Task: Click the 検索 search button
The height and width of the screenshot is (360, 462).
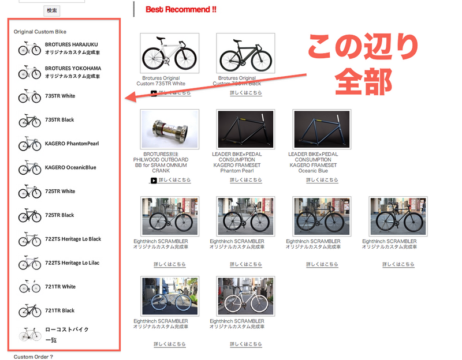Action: [x=52, y=10]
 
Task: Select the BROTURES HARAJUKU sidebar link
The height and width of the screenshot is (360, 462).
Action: [x=72, y=44]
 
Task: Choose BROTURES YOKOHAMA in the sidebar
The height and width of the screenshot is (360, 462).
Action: [x=73, y=68]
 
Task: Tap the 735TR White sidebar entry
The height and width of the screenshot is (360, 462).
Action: [x=60, y=96]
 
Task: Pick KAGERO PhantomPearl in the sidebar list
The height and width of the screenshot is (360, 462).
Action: [x=72, y=144]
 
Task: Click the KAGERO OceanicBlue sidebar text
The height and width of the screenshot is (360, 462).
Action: [x=70, y=167]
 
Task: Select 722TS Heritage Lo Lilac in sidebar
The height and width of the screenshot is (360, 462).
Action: [x=72, y=262]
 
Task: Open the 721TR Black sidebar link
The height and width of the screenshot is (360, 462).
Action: [x=60, y=310]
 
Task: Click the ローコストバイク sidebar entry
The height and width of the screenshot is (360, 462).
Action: [x=67, y=329]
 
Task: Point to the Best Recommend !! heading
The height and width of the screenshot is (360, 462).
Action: [x=181, y=10]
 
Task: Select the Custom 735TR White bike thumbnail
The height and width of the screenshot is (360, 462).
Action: [x=169, y=53]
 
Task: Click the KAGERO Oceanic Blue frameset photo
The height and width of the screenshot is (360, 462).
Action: [x=322, y=129]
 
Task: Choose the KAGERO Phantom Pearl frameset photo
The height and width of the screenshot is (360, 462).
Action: [x=245, y=129]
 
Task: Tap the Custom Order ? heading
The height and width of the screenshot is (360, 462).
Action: [x=33, y=356]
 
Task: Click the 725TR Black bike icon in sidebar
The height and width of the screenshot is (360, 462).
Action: [x=29, y=216]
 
